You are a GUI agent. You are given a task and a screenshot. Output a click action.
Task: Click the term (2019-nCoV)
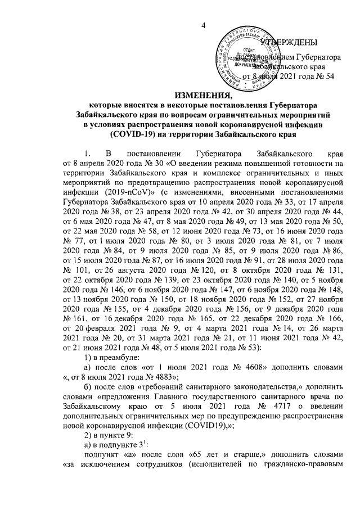(x=119, y=191)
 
